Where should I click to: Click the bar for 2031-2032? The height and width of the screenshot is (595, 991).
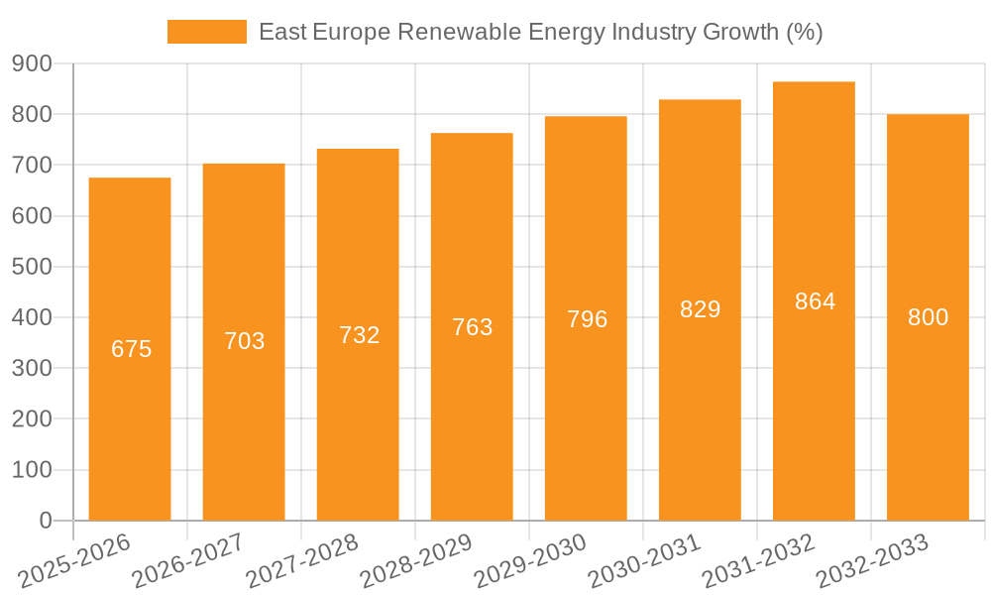[x=814, y=416]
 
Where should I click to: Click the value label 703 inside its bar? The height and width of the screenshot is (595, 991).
[x=244, y=341]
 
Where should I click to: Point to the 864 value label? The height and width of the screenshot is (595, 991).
[x=815, y=301]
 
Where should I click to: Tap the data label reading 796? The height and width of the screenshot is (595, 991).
[x=587, y=319]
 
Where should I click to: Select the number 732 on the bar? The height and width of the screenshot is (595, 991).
[x=359, y=335]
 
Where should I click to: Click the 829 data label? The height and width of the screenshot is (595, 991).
[x=700, y=309]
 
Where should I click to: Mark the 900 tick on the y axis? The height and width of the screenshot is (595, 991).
[x=32, y=63]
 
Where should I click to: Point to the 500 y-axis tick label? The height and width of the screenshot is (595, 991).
[x=32, y=267]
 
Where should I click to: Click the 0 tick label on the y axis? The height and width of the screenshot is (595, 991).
[x=45, y=521]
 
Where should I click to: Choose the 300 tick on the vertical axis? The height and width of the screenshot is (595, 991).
[x=32, y=368]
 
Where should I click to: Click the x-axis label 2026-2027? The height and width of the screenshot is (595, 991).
[x=188, y=561]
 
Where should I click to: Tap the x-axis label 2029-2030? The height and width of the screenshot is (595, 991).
[x=531, y=561]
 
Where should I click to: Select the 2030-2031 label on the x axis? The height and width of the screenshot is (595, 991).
[x=645, y=561]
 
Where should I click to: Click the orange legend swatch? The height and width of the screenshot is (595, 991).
[x=206, y=32]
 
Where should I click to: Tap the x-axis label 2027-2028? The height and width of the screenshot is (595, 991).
[x=302, y=561]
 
